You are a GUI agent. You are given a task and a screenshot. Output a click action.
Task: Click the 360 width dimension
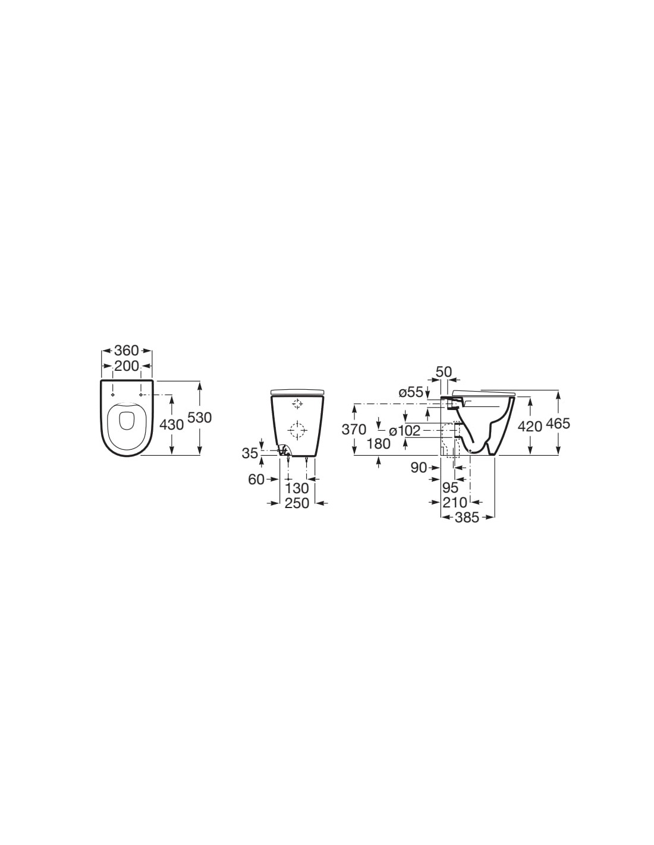coord(127,351)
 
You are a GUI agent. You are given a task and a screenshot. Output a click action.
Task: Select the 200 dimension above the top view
coord(127,366)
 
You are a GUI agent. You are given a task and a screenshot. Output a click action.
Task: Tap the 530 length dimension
coord(199,418)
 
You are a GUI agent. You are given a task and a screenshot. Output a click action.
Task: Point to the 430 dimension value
coord(172,425)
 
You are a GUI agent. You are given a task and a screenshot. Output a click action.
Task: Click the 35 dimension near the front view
coord(250,453)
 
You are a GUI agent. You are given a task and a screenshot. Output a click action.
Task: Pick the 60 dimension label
coord(256,480)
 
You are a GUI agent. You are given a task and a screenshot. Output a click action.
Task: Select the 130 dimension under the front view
coord(297,488)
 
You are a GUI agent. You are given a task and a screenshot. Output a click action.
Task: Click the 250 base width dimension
coord(297,503)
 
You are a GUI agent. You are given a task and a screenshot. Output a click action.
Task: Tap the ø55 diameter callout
coord(410,392)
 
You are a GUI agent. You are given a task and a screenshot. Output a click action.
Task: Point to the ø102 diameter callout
coord(405,430)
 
